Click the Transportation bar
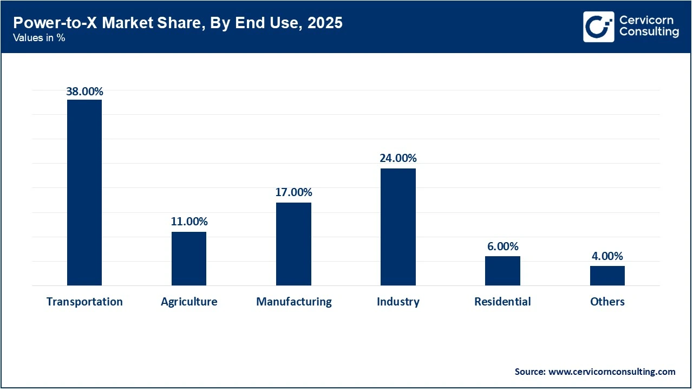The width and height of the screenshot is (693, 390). (84, 192)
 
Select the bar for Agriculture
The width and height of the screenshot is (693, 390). (189, 258)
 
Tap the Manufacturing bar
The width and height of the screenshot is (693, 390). (293, 244)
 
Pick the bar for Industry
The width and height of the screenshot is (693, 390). (398, 226)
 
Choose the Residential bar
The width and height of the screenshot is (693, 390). (502, 270)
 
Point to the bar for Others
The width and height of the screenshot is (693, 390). (607, 275)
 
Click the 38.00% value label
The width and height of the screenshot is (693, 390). (84, 92)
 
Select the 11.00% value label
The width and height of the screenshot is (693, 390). (189, 222)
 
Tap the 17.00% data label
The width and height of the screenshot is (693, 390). (293, 192)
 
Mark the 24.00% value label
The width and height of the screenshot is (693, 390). (398, 158)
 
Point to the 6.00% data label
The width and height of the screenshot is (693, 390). (502, 246)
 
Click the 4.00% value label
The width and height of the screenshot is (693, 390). (607, 256)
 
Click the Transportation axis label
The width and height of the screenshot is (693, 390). (84, 302)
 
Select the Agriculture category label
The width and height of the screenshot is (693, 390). (189, 302)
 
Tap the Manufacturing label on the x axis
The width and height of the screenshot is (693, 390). (293, 302)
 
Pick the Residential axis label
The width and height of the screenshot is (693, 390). (502, 302)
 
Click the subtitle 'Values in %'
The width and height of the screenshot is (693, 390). (39, 38)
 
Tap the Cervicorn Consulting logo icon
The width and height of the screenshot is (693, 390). (598, 27)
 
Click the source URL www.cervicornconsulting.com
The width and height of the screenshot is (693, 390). (612, 372)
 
